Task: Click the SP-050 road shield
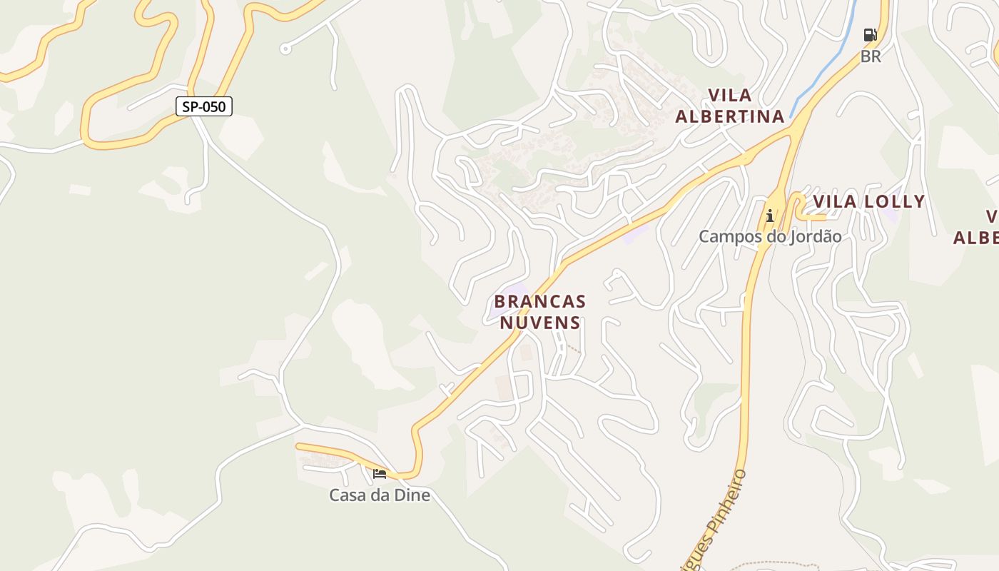tap(204, 107)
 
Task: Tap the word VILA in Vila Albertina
tap(729, 96)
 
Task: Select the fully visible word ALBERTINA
tap(729, 116)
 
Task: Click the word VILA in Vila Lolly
tap(835, 202)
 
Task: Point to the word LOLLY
tap(894, 202)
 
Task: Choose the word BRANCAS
tap(539, 301)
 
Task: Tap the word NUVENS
tap(539, 323)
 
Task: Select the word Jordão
tap(815, 236)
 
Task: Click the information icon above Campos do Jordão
tap(769, 216)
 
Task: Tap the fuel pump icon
tap(870, 34)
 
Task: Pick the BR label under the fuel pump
tap(871, 56)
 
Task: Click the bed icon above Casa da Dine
tap(380, 473)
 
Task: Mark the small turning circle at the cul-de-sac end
tap(285, 49)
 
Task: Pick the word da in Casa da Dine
tap(381, 495)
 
